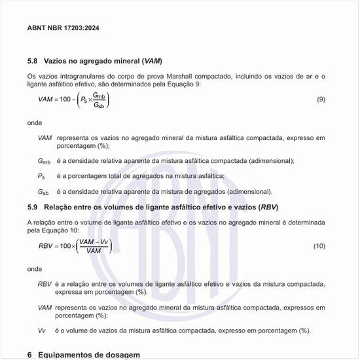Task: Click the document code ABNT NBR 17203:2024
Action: (63, 28)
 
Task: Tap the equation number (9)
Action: (321, 99)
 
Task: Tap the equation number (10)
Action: (319, 245)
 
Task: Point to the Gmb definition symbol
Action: (44, 161)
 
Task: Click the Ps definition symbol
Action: (42, 176)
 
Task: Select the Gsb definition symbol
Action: (43, 192)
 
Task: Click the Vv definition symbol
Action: (42, 331)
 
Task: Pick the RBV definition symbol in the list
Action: (45, 284)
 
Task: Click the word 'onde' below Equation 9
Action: (35, 122)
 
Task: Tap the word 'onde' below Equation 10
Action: (35, 268)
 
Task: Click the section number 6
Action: (29, 355)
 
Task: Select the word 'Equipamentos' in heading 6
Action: (65, 355)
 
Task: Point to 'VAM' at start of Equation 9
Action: (46, 99)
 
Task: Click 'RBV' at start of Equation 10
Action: (46, 245)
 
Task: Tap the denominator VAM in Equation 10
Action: (94, 251)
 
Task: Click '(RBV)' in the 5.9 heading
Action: (269, 207)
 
